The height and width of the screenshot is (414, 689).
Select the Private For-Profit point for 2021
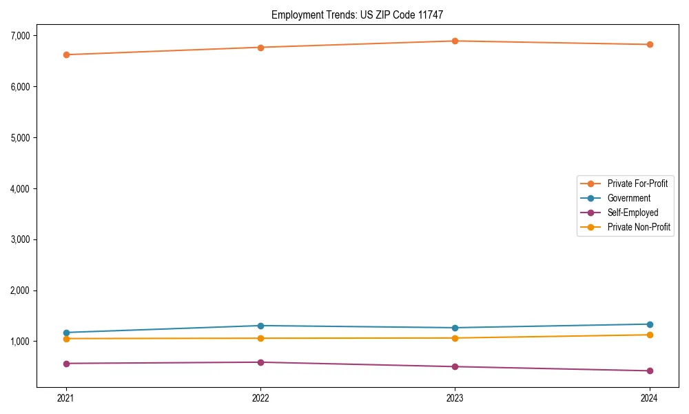[66, 55]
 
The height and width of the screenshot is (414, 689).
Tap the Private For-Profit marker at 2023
[455, 41]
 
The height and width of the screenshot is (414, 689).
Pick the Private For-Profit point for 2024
[649, 44]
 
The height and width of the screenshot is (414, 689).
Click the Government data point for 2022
[260, 326]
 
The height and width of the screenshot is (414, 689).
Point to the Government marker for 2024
[649, 324]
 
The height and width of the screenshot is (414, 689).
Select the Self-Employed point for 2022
[260, 362]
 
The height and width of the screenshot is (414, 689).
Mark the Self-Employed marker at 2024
[649, 371]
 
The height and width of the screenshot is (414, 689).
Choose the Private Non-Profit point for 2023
[455, 338]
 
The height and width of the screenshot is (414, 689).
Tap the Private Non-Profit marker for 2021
[66, 339]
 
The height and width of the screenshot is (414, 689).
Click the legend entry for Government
[628, 198]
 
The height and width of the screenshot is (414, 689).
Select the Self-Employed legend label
[633, 213]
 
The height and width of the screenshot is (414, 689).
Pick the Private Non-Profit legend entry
[639, 227]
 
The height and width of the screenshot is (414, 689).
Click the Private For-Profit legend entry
[637, 184]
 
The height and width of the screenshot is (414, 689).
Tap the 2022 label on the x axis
[260, 397]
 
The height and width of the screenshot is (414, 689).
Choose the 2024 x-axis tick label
[649, 397]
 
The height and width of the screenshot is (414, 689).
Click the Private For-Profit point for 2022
[260, 48]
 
